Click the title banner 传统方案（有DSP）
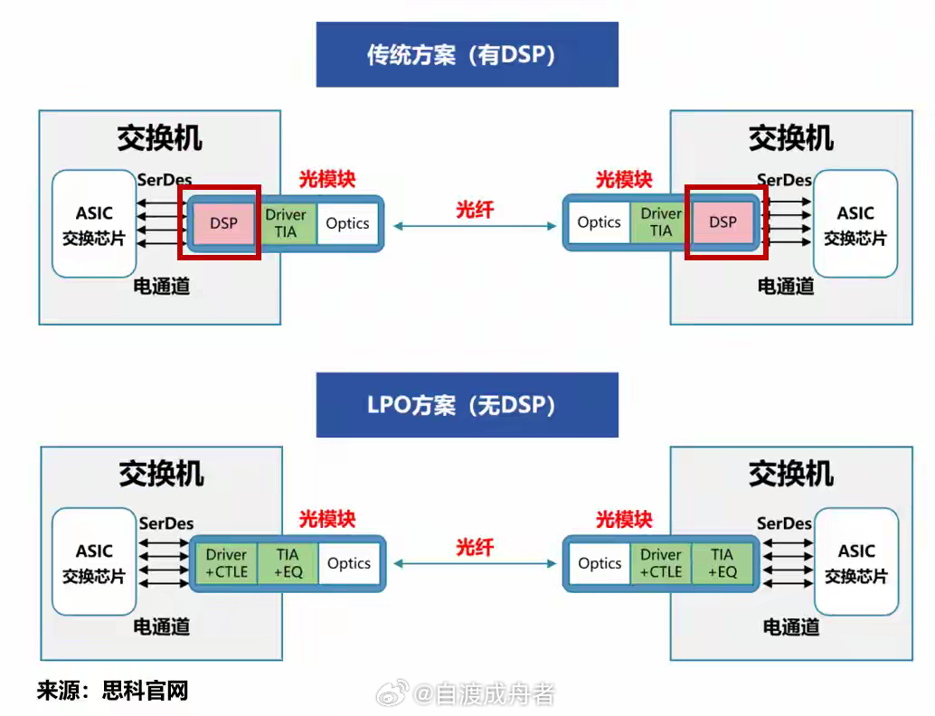(x=467, y=55)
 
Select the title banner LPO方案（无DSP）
(x=467, y=405)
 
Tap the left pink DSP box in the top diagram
(x=223, y=222)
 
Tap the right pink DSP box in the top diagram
(x=723, y=221)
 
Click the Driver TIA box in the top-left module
(x=286, y=222)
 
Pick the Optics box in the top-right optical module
(x=599, y=222)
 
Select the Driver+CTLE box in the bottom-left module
(x=226, y=563)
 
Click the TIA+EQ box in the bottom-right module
(x=722, y=563)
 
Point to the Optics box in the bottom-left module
(x=349, y=563)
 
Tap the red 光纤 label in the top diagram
(x=475, y=210)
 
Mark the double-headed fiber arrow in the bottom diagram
(x=475, y=563)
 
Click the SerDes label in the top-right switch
(x=784, y=180)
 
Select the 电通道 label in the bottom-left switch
(x=162, y=626)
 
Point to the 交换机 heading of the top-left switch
(x=159, y=137)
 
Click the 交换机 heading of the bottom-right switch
(x=790, y=474)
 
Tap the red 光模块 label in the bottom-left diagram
(x=327, y=519)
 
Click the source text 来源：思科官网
(x=112, y=692)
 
